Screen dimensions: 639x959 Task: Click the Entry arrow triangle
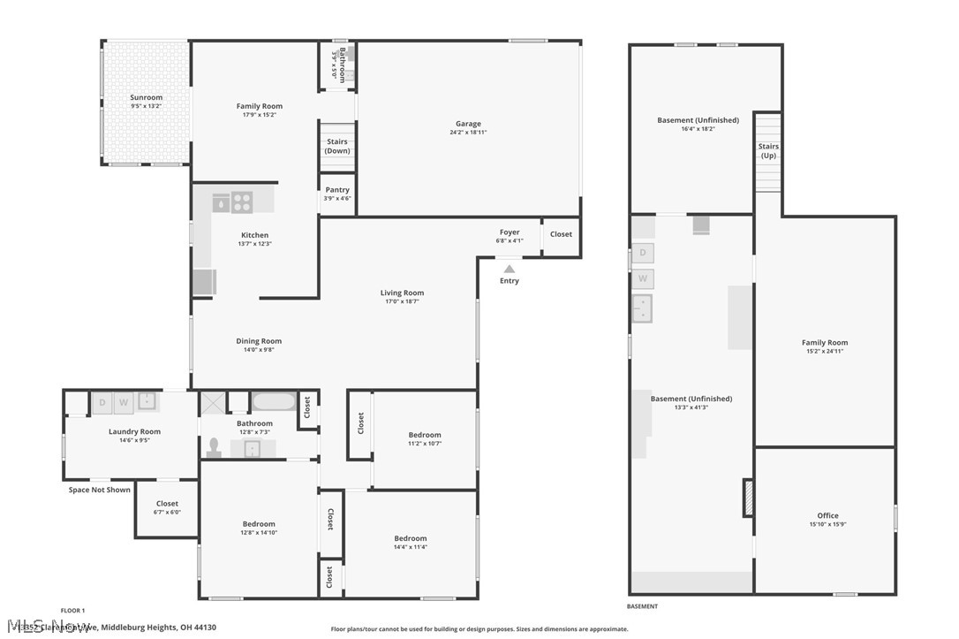coord(509,269)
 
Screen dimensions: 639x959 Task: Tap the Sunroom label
coord(147,97)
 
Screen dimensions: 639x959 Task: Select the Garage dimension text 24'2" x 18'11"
coord(468,133)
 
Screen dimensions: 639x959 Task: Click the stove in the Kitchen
coord(241,202)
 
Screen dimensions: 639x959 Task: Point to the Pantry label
coord(337,190)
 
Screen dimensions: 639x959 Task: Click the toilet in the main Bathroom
coord(213,447)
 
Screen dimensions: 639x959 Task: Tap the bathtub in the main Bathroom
coord(274,403)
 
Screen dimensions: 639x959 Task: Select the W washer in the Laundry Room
coord(125,403)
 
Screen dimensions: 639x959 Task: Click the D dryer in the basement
coord(643,253)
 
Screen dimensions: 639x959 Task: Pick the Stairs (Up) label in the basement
coord(768,151)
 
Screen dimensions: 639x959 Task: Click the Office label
coord(827,515)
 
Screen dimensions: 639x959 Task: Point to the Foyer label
coord(510,232)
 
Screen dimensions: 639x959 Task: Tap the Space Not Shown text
coord(100,490)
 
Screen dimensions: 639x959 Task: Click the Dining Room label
coord(259,341)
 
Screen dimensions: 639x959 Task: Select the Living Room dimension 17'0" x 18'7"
coord(402,301)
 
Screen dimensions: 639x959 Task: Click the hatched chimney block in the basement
coord(748,498)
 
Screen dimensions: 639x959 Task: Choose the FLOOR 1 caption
coord(72,611)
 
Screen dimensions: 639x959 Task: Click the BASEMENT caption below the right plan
coord(642,606)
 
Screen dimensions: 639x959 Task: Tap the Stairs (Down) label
coord(336,146)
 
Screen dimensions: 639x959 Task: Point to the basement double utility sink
coord(643,308)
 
